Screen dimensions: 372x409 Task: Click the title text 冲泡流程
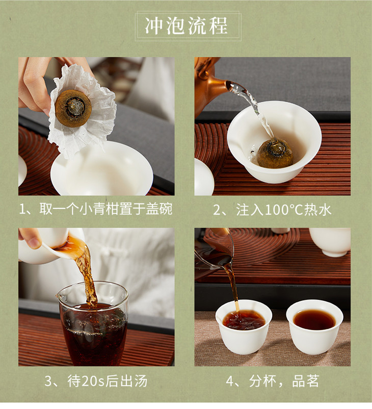coord(187,26)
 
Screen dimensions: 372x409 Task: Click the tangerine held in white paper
coord(73,108)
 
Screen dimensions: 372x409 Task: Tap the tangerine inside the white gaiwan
coord(275,153)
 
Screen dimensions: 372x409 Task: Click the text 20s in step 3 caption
coord(93,381)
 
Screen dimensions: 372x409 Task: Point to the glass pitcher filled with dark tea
coord(93,323)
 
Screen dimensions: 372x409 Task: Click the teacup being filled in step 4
coord(244,326)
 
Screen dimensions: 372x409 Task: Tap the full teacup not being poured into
coord(314,326)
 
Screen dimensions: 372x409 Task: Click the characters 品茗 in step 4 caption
coord(305,381)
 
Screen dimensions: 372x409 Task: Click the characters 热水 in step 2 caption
coord(318,210)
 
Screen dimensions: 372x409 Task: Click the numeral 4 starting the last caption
coord(230,381)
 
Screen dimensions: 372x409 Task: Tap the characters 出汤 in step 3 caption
coord(134,381)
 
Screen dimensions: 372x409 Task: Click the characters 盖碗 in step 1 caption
coord(159,209)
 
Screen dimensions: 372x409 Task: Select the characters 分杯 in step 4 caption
coord(262,381)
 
